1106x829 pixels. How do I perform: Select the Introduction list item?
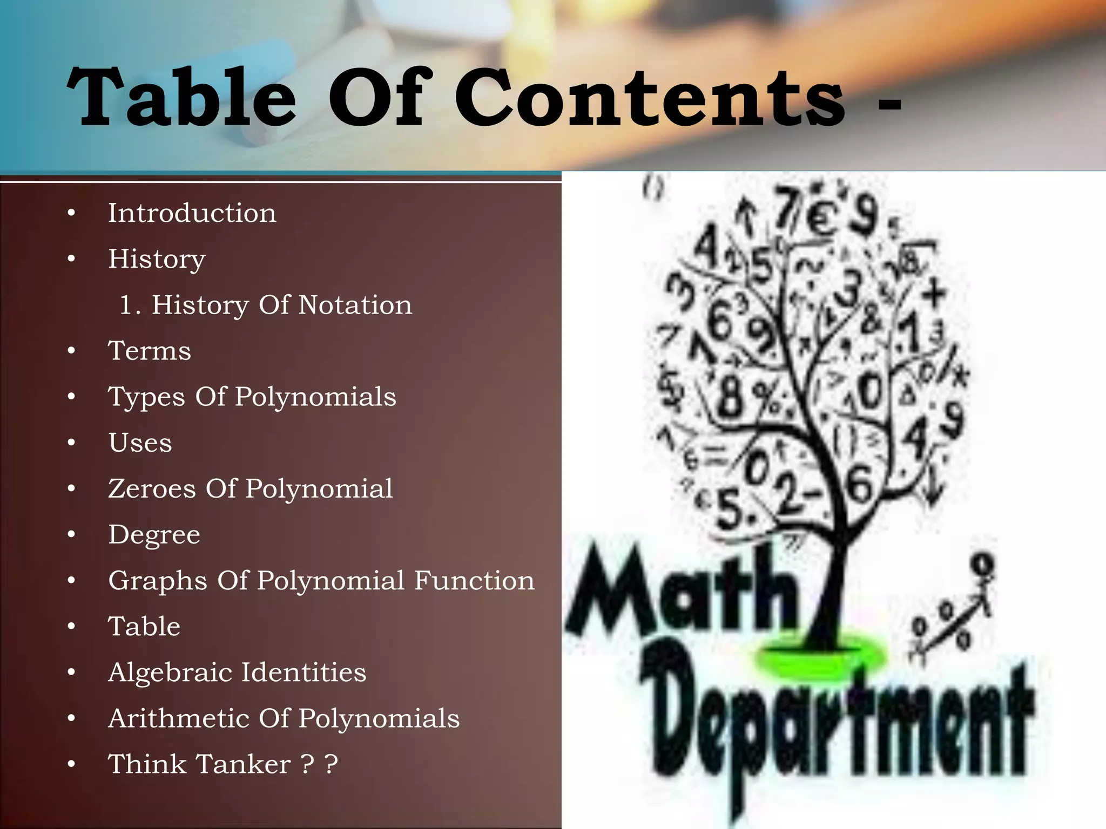(x=192, y=213)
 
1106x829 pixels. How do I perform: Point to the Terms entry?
(x=150, y=351)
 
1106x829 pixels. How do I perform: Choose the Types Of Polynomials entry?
(x=252, y=397)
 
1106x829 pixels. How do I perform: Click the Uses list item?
(x=140, y=443)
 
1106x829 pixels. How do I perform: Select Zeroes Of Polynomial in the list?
(x=251, y=488)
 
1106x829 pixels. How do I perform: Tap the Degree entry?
(x=154, y=535)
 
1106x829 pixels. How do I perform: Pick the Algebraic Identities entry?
(x=237, y=672)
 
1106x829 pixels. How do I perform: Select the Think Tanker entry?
(x=222, y=764)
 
